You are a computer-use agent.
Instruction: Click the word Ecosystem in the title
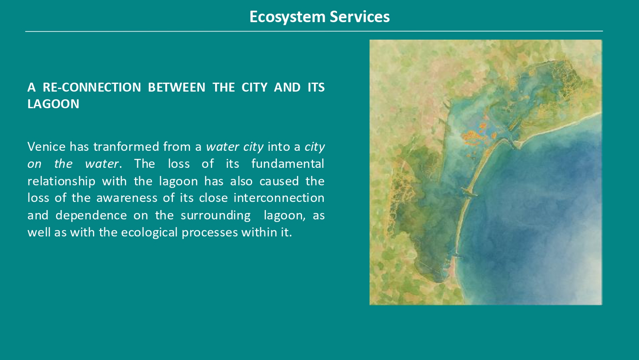point(287,17)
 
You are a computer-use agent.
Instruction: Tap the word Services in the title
point(360,17)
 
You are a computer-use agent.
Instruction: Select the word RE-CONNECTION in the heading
point(92,87)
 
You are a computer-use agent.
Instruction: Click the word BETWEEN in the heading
point(177,87)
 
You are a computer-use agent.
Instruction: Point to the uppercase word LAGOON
point(53,104)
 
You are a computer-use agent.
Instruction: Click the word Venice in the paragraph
point(46,147)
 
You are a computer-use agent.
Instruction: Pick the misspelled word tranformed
point(127,147)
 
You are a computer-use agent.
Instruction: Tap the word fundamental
point(288,164)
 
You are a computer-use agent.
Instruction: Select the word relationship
point(61,181)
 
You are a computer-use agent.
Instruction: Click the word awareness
point(127,198)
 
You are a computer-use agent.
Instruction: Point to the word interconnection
point(279,198)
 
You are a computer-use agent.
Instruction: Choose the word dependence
point(91,216)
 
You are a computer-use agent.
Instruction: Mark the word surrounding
point(216,216)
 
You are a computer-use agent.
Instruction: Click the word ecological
point(150,233)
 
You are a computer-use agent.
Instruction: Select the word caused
point(279,181)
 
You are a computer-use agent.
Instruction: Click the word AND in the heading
point(287,87)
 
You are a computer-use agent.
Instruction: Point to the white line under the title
point(314,31)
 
